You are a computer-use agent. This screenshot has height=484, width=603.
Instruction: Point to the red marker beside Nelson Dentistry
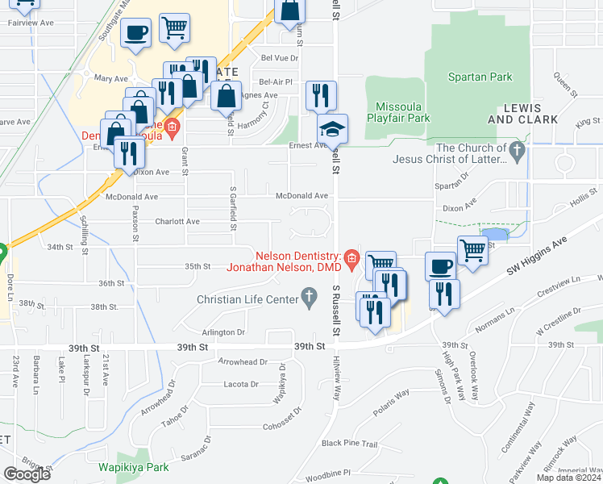click(x=351, y=257)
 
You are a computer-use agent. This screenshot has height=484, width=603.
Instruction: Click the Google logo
click(x=27, y=474)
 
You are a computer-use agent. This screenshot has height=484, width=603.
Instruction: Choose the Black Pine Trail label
click(x=350, y=444)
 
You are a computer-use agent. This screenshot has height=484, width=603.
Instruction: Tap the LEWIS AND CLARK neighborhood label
click(x=523, y=113)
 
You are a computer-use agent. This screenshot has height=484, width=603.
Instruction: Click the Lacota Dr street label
click(x=241, y=384)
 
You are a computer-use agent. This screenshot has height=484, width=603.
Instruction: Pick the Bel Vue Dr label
click(x=280, y=58)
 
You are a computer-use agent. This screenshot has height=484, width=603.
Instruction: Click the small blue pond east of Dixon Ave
click(x=497, y=234)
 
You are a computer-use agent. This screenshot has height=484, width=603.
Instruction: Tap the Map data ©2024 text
click(x=568, y=478)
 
